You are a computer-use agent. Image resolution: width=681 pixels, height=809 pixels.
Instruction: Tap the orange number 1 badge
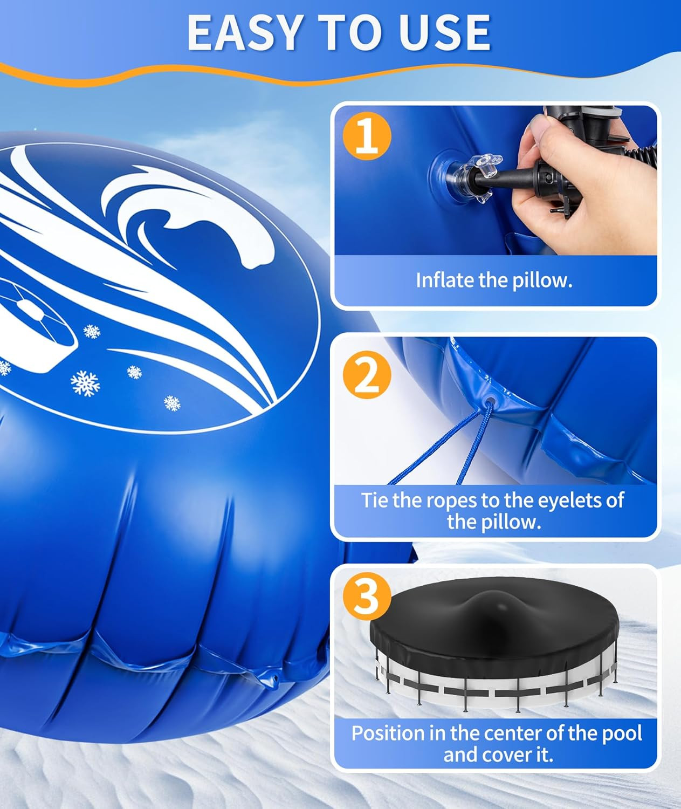(x=367, y=136)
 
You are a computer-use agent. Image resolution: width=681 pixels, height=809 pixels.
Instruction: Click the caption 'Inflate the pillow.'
(x=494, y=280)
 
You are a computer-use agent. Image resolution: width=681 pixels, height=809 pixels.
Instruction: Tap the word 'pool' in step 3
(x=621, y=733)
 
